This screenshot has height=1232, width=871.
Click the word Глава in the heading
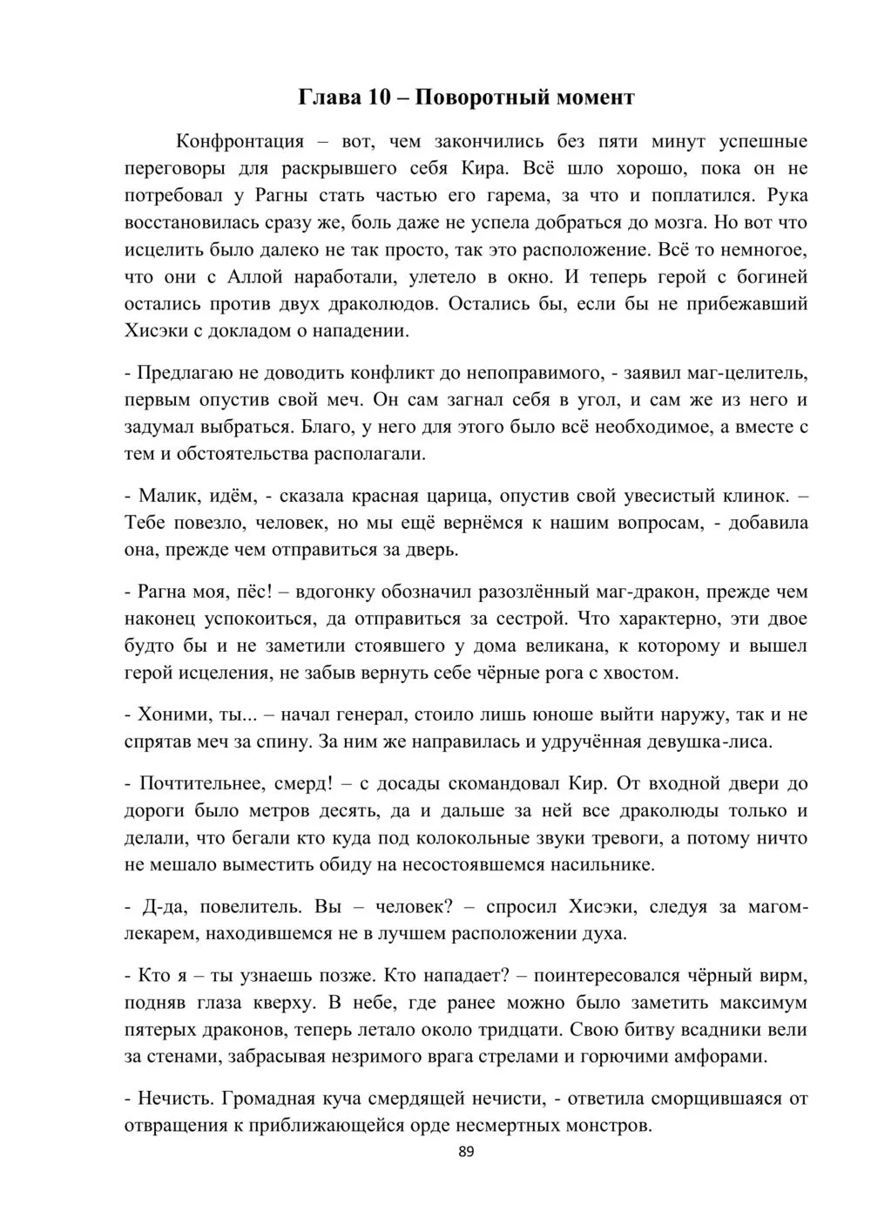pyautogui.click(x=328, y=97)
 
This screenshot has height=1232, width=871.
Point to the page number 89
pyautogui.click(x=466, y=1152)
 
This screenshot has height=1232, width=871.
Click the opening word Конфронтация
pyautogui.click(x=240, y=141)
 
